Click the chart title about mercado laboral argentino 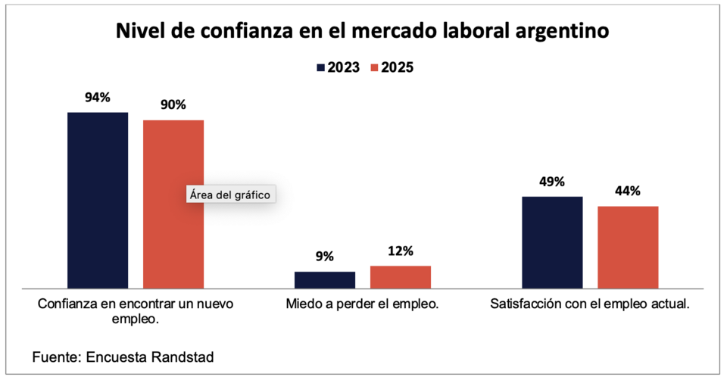tap(363, 32)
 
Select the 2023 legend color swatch tap(320, 67)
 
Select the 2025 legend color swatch tap(373, 67)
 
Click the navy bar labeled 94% tap(98, 200)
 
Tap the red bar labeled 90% tap(173, 204)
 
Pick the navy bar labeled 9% tap(325, 279)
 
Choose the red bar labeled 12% tap(401, 276)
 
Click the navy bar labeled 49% tap(552, 242)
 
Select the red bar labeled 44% tap(628, 247)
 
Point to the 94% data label tap(98, 97)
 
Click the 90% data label tap(173, 104)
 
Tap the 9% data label tap(325, 256)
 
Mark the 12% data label tap(401, 251)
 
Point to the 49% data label tap(552, 182)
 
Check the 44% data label tap(628, 191)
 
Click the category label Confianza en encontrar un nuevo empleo tap(136, 311)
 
